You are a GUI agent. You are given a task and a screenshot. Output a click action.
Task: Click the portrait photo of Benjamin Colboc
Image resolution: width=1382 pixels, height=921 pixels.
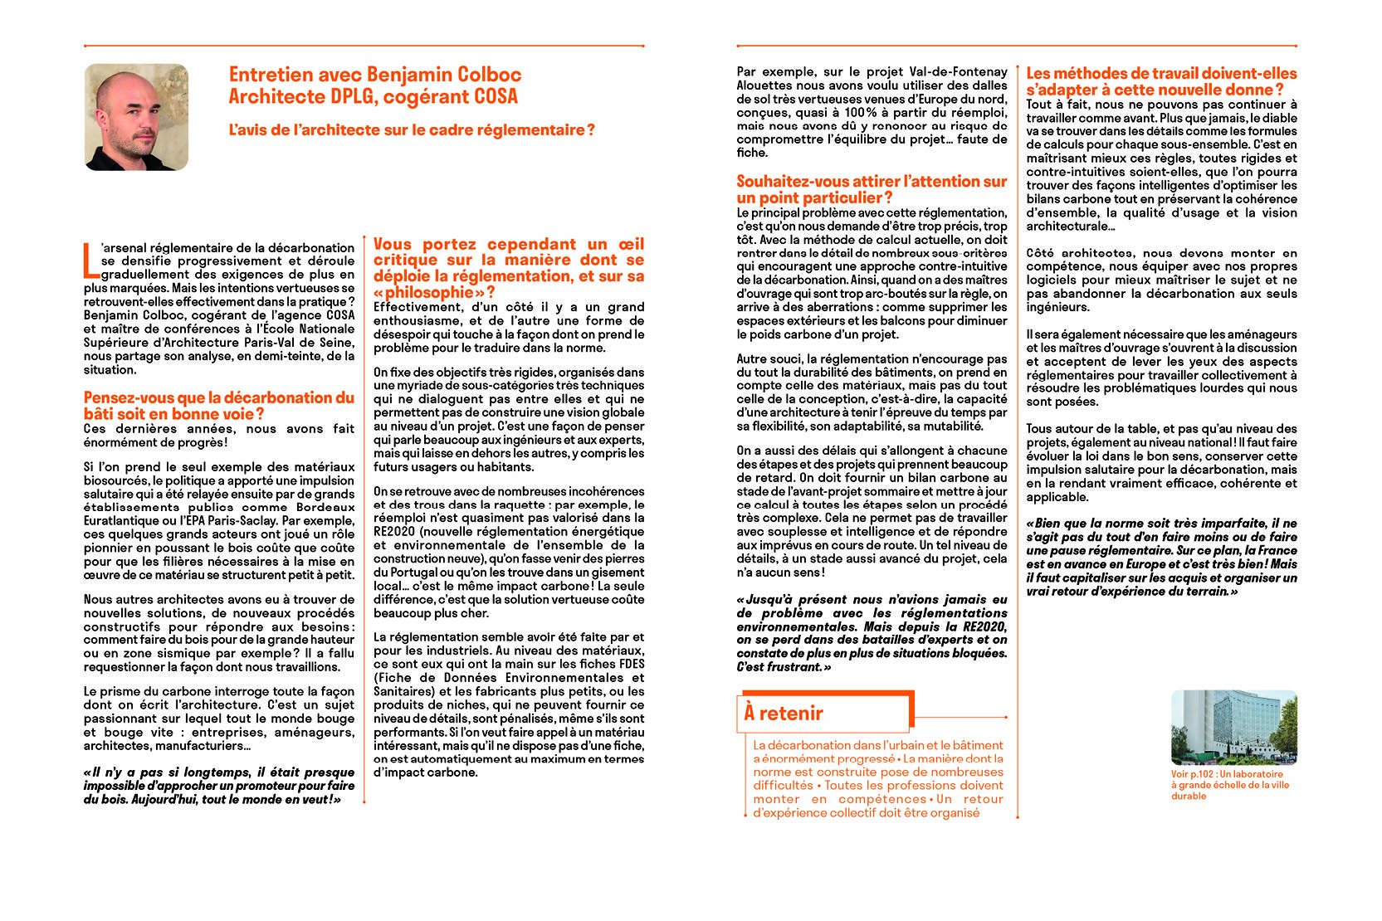[136, 117]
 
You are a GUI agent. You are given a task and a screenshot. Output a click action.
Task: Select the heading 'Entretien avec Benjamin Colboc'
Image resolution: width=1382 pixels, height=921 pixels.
[375, 76]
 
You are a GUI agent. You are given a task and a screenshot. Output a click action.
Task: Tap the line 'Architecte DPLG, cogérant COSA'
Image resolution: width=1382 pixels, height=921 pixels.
[373, 97]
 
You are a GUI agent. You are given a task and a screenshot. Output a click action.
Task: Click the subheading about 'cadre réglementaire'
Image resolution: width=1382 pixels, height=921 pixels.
[412, 130]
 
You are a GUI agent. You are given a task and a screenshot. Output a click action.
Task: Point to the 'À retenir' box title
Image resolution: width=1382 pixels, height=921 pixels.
[784, 713]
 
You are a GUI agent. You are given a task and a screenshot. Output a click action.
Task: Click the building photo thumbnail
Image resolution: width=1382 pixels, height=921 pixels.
[1233, 727]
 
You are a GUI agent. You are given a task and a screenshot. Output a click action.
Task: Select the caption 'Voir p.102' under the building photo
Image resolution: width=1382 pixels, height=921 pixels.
[1229, 785]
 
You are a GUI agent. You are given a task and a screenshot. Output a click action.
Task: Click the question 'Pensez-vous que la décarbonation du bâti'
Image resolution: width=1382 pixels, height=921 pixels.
[218, 406]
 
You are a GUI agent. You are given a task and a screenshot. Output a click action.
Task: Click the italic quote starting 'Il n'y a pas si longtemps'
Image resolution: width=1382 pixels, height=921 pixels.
[218, 786]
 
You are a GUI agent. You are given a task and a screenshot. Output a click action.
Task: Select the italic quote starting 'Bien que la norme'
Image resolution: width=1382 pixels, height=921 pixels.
[1160, 557]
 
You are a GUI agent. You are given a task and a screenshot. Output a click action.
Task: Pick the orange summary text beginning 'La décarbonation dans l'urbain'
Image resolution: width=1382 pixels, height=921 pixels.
[877, 779]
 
